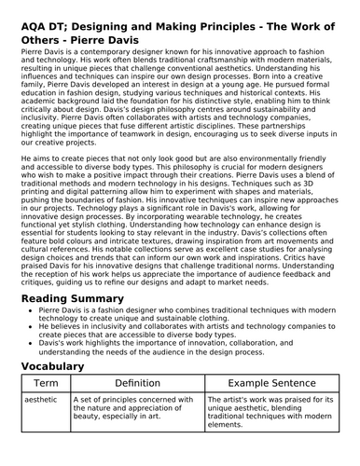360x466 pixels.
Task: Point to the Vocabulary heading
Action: [65, 366]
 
